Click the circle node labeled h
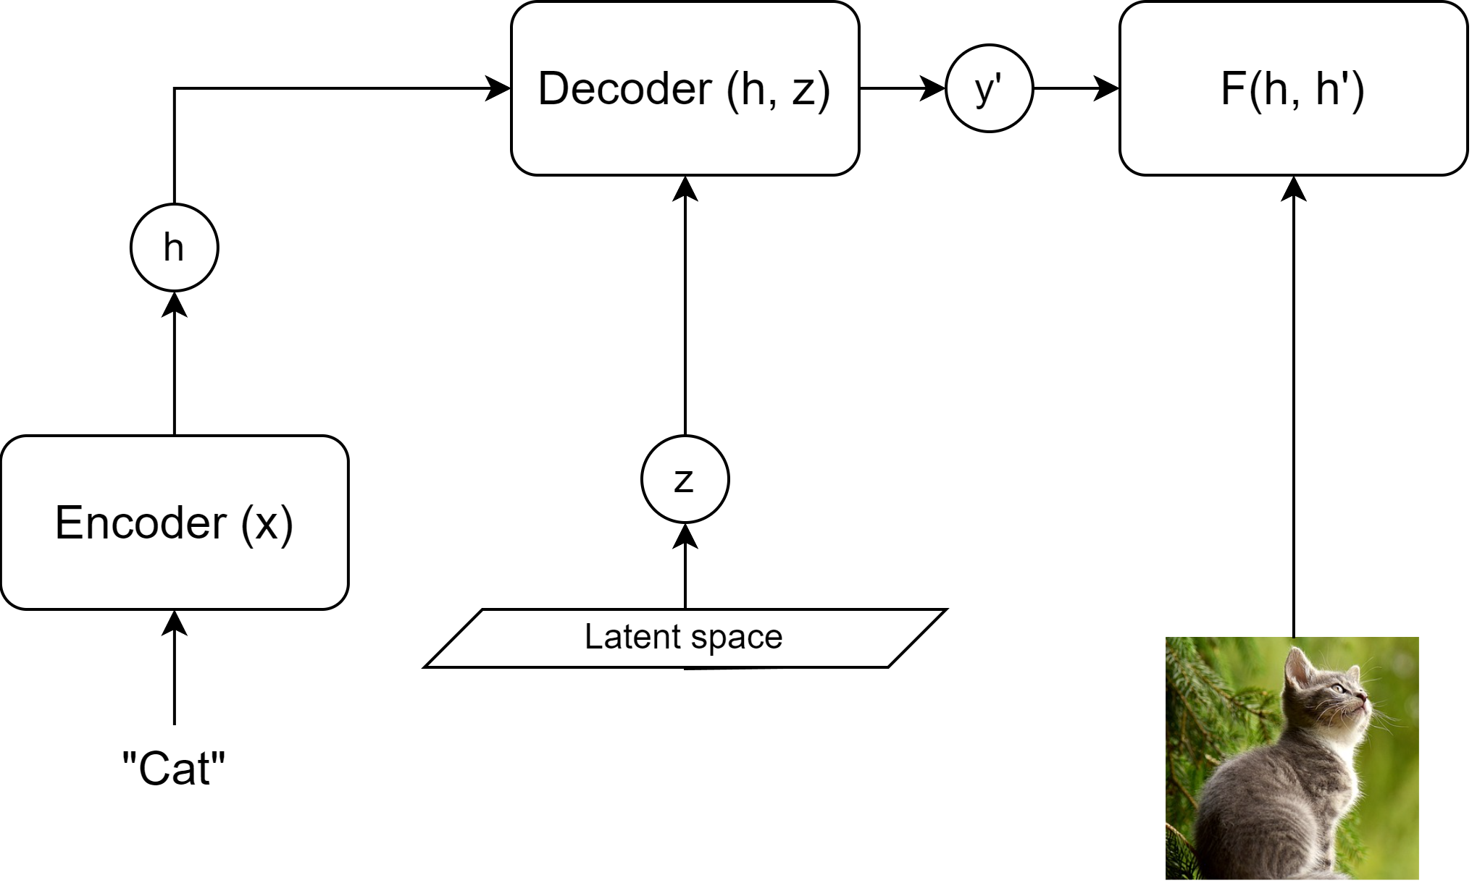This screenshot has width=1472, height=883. tap(174, 248)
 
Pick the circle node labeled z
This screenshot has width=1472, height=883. tap(685, 479)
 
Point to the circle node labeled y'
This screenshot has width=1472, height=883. tap(989, 88)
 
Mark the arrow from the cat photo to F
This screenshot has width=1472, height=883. tap(1293, 405)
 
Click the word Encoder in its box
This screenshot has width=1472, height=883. tap(141, 523)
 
